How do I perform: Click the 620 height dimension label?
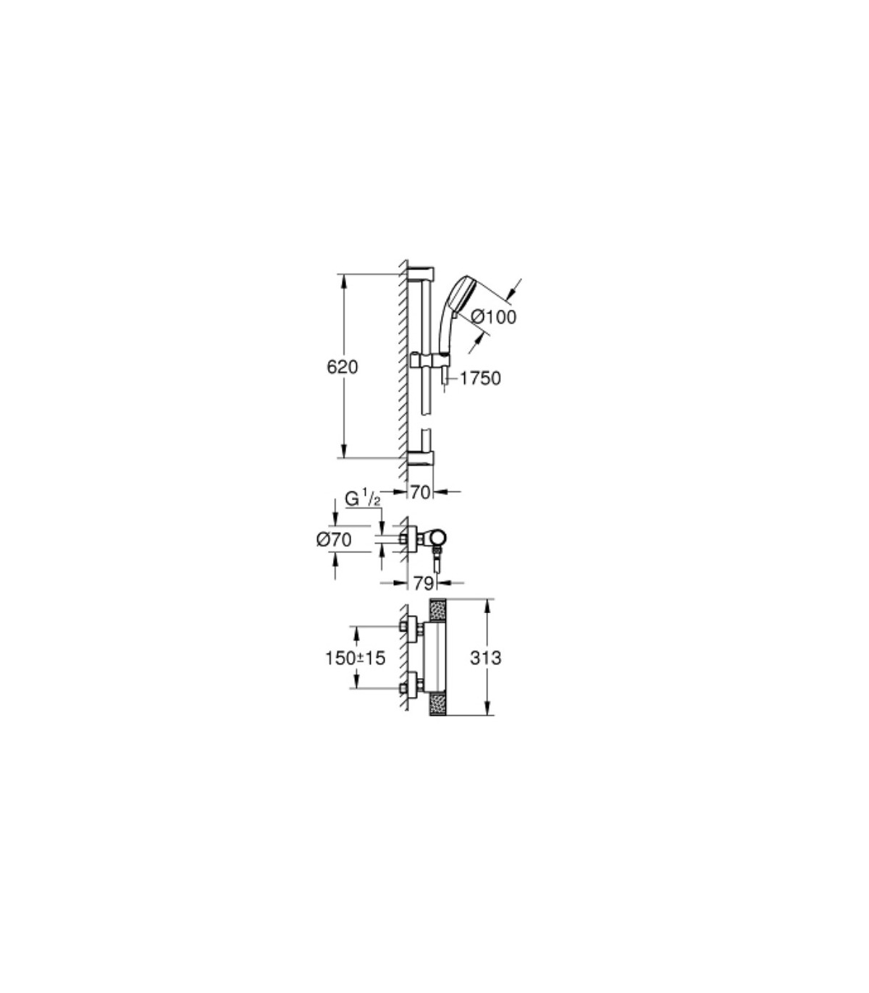point(343,368)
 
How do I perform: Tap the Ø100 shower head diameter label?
point(494,318)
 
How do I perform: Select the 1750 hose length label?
point(479,378)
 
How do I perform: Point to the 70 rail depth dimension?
point(421,492)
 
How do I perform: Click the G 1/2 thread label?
point(363,499)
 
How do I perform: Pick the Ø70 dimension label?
point(334,539)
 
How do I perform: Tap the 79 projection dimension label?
point(423,583)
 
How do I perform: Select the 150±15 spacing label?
point(355,658)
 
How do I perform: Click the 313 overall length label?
point(485,658)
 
